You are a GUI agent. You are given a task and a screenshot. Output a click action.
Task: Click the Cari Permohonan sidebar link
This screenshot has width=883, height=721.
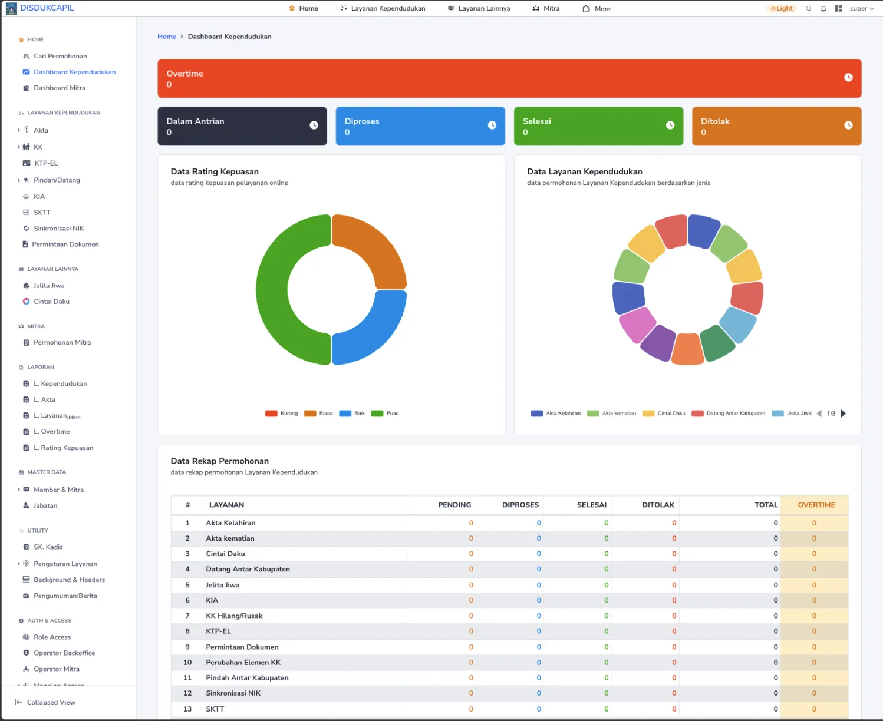click(x=60, y=56)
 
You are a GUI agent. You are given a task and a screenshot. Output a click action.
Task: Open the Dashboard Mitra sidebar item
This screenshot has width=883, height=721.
click(x=59, y=88)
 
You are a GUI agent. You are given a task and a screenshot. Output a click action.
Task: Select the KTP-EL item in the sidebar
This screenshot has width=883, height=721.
click(x=45, y=163)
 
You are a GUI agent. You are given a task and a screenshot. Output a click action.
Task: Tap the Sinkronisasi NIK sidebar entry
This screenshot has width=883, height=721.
click(x=58, y=229)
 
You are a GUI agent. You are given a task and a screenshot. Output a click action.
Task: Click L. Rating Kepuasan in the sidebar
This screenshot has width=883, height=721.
click(x=63, y=448)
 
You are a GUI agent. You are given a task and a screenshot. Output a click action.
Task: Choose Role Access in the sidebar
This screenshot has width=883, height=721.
click(x=52, y=637)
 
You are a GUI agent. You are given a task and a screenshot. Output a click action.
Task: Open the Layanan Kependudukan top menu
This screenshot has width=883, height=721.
click(x=383, y=8)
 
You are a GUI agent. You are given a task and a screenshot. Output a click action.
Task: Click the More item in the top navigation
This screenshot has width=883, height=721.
click(x=597, y=9)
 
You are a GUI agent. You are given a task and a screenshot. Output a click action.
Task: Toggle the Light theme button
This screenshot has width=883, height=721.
click(x=781, y=8)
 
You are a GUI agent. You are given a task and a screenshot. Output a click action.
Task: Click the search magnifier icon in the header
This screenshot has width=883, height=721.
click(x=809, y=9)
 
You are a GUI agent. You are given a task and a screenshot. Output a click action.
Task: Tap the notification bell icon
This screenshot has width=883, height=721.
click(x=823, y=9)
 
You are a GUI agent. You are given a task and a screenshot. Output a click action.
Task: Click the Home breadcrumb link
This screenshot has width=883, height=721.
click(x=167, y=37)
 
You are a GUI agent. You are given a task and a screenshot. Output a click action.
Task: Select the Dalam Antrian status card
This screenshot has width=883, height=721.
click(x=242, y=126)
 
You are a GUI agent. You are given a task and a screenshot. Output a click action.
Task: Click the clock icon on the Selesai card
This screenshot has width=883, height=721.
click(x=670, y=125)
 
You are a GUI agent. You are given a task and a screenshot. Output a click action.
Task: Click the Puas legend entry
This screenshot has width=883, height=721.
click(x=386, y=414)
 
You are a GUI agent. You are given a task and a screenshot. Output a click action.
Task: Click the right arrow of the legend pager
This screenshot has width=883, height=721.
click(x=844, y=414)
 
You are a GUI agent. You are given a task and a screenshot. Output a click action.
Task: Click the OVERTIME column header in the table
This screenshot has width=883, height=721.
click(x=816, y=505)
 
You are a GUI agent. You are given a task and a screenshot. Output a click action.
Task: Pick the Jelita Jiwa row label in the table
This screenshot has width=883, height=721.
click(x=222, y=585)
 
